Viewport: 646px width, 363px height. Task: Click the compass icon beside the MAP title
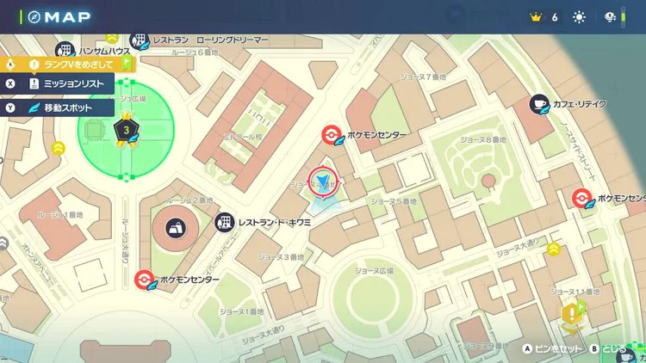tap(34, 16)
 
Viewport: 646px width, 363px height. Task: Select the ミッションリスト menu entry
tap(66, 83)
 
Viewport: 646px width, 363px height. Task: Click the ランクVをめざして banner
tap(78, 64)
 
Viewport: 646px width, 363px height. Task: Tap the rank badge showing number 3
tap(127, 130)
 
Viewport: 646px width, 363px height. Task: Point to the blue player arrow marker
tap(323, 181)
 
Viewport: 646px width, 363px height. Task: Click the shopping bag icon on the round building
tap(176, 228)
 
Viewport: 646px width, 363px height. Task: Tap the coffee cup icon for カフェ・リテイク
tap(540, 104)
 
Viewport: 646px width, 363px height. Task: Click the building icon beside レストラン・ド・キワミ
tap(225, 222)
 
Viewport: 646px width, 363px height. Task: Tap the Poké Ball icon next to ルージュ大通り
tap(145, 280)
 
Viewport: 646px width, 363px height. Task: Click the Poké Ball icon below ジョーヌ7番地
tap(330, 135)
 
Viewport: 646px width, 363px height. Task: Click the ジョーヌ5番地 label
tap(393, 200)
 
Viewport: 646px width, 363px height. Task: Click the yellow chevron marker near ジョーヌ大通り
tap(553, 249)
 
